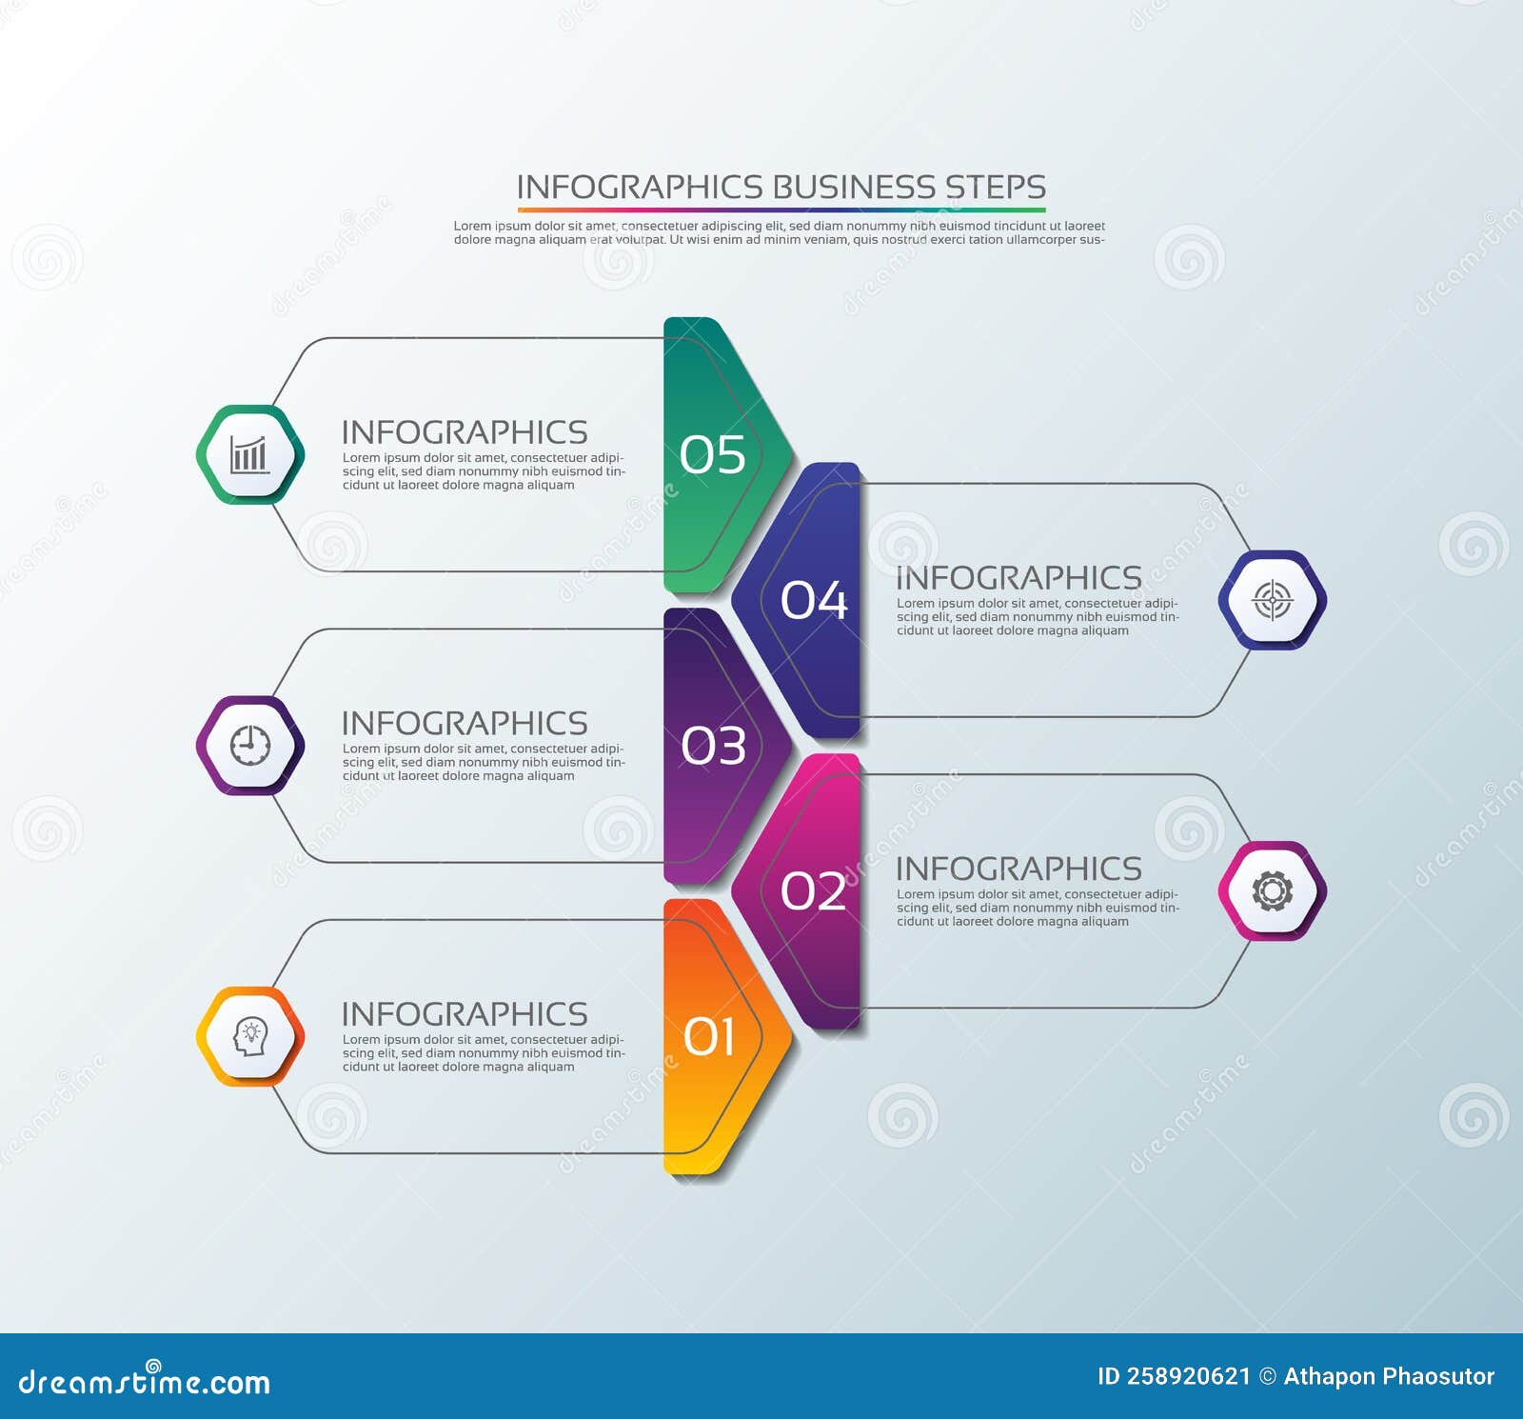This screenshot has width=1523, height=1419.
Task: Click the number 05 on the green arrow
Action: [712, 454]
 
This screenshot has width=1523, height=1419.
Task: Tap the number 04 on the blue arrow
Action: [813, 600]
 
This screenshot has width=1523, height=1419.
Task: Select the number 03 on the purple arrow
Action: [713, 746]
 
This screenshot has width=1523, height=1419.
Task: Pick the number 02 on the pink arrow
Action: [813, 891]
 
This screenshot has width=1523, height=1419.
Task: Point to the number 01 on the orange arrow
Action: [710, 1036]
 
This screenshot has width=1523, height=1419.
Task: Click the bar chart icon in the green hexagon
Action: [249, 454]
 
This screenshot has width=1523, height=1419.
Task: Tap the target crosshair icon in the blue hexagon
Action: [1272, 600]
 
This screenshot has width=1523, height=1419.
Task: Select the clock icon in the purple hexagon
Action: [249, 746]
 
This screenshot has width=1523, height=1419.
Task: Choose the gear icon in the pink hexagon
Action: [1272, 891]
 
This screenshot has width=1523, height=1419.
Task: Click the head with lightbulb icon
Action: [249, 1036]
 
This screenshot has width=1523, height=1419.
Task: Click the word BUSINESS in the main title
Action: [853, 187]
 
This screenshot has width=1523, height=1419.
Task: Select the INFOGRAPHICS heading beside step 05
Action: [465, 432]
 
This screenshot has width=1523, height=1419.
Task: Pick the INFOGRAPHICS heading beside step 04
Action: [1019, 578]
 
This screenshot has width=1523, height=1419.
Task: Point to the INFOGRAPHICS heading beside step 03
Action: [465, 724]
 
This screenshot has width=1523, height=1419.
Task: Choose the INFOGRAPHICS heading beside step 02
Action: [1019, 869]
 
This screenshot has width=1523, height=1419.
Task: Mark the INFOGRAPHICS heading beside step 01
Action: [465, 1014]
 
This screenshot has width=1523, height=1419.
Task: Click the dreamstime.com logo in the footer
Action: [145, 1381]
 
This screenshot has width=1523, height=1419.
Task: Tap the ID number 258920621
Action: [1187, 1376]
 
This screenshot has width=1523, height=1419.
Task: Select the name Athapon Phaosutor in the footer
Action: [1389, 1376]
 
